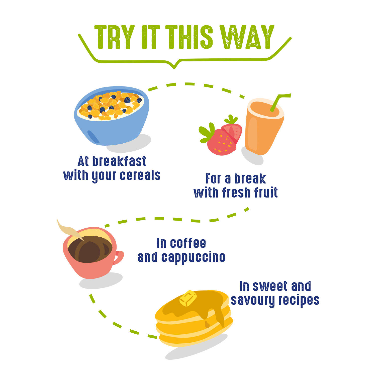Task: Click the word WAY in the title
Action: tap(247, 37)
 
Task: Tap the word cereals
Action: tap(140, 175)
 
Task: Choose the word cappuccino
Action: tap(193, 258)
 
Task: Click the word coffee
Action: tap(188, 243)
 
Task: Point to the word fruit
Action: tap(266, 192)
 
